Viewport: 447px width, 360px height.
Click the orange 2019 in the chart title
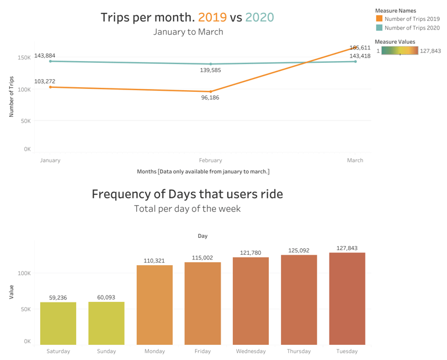pos(212,17)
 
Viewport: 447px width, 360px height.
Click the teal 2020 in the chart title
pos(259,17)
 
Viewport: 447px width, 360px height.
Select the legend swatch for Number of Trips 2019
pos(379,19)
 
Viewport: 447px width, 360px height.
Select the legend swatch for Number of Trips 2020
pos(379,27)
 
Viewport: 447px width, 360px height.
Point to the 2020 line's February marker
pos(211,64)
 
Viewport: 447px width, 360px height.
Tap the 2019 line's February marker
pos(211,91)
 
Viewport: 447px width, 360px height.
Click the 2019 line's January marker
pos(51,87)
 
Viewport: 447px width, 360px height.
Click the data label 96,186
pos(210,98)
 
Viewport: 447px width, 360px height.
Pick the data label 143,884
pos(45,56)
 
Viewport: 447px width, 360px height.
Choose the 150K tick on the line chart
pos(23,58)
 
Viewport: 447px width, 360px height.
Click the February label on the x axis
pos(210,161)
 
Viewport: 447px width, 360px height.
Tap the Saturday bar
pos(58,323)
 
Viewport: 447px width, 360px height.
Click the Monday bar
pos(154,305)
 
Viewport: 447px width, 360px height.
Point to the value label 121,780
pos(250,252)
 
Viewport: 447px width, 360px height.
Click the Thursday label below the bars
pos(299,351)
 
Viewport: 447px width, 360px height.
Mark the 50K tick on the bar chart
pos(24,309)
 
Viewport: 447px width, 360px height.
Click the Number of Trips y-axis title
pos(12,97)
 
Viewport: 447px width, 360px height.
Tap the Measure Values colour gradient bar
pos(399,51)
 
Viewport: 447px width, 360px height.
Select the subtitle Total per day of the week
pos(187,209)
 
